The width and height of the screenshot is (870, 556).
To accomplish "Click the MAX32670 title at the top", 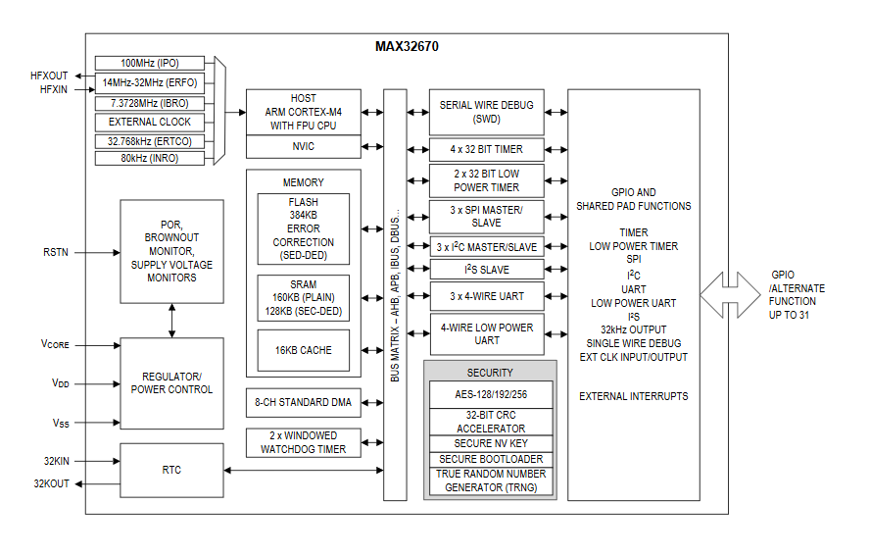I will pyautogui.click(x=407, y=45).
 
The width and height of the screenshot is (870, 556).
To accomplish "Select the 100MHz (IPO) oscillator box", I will pyautogui.click(x=150, y=63).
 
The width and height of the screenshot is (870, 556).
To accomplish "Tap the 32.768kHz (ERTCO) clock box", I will pyautogui.click(x=150, y=141).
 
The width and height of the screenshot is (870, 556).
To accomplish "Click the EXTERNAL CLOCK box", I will pyautogui.click(x=150, y=122).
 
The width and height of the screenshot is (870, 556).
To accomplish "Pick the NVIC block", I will pyautogui.click(x=304, y=147).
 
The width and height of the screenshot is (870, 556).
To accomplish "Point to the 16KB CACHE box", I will pyautogui.click(x=303, y=350).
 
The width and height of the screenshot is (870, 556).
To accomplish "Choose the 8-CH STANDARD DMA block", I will pyautogui.click(x=304, y=401).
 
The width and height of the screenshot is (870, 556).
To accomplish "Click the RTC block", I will pyautogui.click(x=171, y=471).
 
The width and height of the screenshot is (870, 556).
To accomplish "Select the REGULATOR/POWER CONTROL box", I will pyautogui.click(x=171, y=383).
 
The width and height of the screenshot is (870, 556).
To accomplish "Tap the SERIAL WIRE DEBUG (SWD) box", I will pyautogui.click(x=487, y=112).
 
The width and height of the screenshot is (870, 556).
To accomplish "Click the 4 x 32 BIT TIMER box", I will pyautogui.click(x=487, y=149).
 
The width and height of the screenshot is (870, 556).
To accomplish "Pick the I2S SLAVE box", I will pyautogui.click(x=487, y=270).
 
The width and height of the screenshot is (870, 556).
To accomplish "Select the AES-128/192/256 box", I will pyautogui.click(x=490, y=394).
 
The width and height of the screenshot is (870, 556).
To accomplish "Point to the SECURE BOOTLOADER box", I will pyautogui.click(x=490, y=459).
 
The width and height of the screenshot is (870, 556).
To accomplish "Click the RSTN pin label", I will pyautogui.click(x=55, y=252).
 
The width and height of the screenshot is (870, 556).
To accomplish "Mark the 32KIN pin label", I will pyautogui.click(x=56, y=460).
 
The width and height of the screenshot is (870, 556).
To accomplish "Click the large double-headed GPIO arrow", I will pyautogui.click(x=730, y=294).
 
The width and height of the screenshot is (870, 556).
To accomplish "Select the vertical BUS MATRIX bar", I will pyautogui.click(x=395, y=294).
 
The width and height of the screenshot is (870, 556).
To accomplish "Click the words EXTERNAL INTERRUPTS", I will pyautogui.click(x=633, y=396).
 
